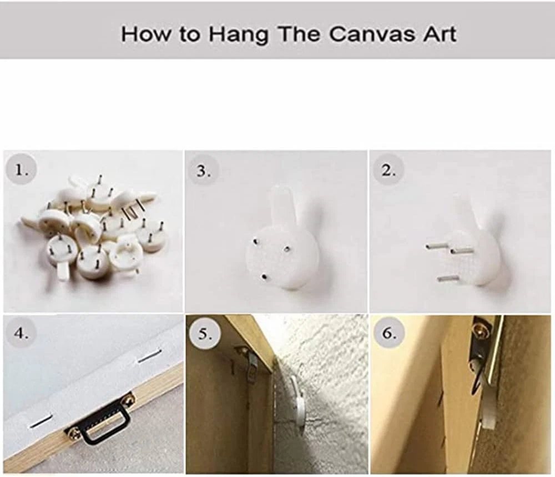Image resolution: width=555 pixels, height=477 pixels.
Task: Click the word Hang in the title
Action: (238, 35)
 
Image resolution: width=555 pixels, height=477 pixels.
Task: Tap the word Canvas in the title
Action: (372, 34)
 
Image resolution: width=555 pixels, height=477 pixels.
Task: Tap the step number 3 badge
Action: (203, 171)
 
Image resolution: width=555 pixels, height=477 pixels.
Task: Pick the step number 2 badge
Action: (389, 170)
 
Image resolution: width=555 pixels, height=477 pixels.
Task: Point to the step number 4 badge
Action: (21, 333)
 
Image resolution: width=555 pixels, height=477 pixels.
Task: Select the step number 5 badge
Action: (203, 334)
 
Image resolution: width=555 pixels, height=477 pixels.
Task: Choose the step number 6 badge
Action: (389, 333)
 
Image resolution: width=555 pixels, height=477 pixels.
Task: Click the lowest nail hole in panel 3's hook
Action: (264, 277)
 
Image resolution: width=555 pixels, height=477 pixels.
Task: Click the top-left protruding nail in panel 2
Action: (435, 244)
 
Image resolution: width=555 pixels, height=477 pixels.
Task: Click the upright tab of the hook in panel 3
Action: (282, 204)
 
